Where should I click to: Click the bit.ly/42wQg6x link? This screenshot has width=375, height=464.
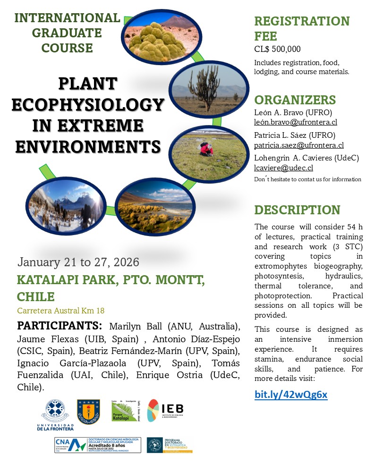coord(290,395)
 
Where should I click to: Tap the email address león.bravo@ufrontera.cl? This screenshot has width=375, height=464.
coord(296,122)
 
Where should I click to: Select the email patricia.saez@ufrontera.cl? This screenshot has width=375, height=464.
coord(298,145)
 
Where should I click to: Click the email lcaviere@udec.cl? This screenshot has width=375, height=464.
coord(283,168)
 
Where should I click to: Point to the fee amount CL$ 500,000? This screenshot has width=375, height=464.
coord(277,49)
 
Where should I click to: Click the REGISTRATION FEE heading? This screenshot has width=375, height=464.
coord(302,28)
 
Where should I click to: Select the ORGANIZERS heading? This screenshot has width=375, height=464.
coord(295,100)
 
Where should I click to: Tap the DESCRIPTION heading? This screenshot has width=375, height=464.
coord(297,210)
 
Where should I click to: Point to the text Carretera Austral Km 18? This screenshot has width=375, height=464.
coord(60,311)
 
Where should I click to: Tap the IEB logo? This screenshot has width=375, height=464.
coord(165,411)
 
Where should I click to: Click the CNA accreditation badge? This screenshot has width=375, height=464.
coord(97,445)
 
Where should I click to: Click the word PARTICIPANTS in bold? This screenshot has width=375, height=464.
coord(59,326)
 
